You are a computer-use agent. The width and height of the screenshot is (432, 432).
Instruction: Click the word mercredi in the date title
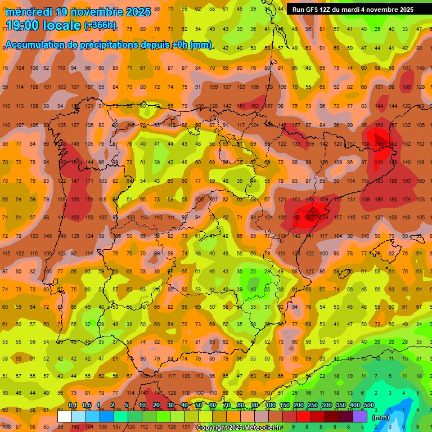click(x=30, y=12)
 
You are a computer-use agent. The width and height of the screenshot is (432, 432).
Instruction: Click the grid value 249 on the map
click(x=379, y=144)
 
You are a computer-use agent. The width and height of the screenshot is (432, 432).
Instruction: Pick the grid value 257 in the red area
click(x=309, y=218)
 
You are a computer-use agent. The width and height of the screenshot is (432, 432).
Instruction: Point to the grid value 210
click(x=379, y=163)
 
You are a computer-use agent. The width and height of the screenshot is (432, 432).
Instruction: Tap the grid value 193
click(x=407, y=181)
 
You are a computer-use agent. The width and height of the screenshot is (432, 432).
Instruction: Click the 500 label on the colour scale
click(x=368, y=406)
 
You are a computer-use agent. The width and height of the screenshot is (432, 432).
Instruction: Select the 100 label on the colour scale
click(x=270, y=406)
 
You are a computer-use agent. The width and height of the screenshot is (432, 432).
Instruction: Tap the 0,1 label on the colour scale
click(x=73, y=406)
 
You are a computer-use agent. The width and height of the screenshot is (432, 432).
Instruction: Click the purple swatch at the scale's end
click(x=360, y=416)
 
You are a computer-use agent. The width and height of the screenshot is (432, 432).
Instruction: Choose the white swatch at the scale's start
click(x=65, y=416)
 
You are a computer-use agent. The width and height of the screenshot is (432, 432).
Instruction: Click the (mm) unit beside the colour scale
click(x=381, y=417)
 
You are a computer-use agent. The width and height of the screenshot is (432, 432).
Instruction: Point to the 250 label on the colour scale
click(x=312, y=406)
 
